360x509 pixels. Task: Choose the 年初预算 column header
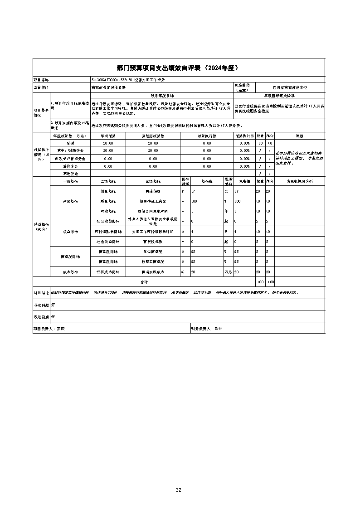pos(108,136)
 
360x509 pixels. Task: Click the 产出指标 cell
pos(70,201)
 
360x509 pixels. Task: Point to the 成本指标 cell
pos(70,272)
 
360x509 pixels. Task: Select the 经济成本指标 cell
pos(108,272)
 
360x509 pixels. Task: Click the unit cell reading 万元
pos(228,272)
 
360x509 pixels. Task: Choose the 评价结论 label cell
pos(41,293)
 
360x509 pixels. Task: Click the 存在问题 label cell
pos(41,305)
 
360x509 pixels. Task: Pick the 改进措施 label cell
pos(41,316)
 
